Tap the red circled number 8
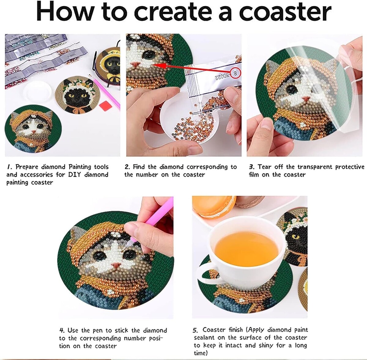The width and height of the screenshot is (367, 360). [x=235, y=73]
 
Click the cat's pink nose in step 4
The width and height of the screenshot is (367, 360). [x=116, y=264]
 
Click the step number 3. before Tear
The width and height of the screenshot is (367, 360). [x=252, y=167]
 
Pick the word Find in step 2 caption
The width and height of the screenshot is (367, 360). [x=139, y=167]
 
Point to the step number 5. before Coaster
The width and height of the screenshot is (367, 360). [x=196, y=330]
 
